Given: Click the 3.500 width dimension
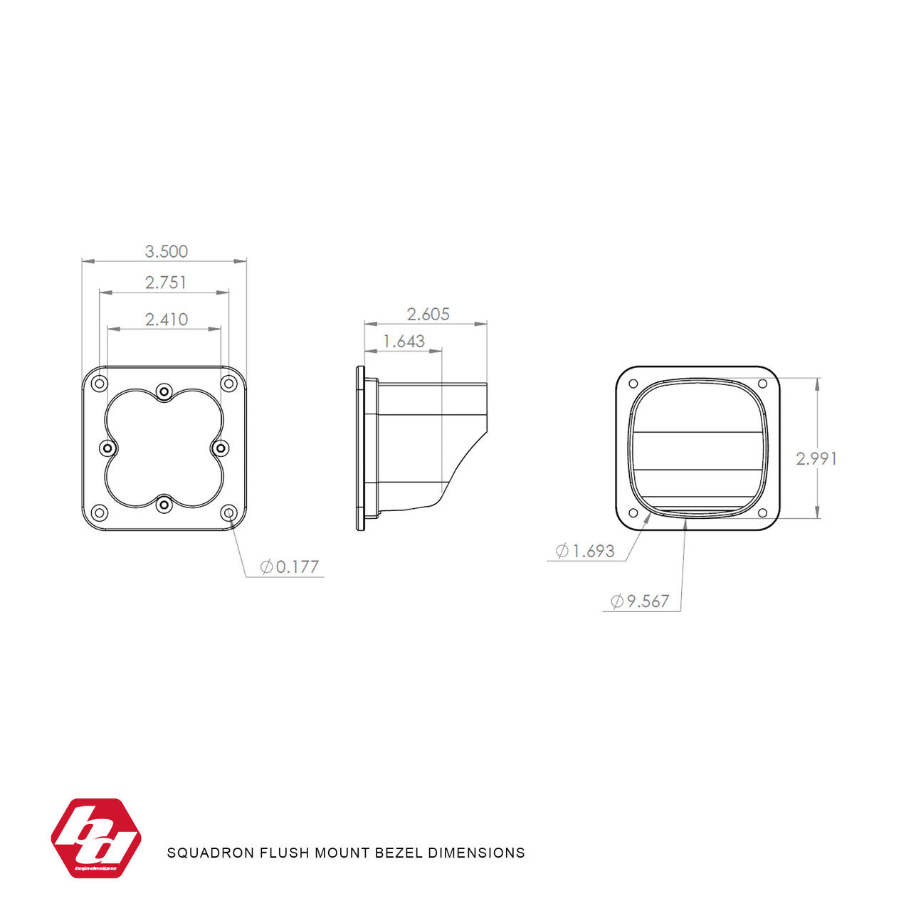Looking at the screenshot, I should pos(167,251).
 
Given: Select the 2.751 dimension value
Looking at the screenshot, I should pos(166,283).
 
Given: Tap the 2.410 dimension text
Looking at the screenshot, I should pos(167,320).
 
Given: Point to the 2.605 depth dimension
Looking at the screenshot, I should pos(428,314).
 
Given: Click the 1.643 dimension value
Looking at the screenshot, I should pos(404,342).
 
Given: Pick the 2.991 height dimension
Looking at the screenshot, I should pos(816,458).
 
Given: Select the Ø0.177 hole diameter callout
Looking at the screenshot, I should pos(290,567).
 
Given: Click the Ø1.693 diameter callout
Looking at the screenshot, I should pos(584,551).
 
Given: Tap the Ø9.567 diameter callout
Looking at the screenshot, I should pos(640,601).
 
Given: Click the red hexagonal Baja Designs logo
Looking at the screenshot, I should pos(96,838).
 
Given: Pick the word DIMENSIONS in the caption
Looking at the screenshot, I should pos(476,853).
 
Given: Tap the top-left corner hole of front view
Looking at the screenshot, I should pos(100,384).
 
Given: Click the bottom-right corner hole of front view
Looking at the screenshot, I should pos(228,512).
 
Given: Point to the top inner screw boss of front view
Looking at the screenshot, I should pos(164,391).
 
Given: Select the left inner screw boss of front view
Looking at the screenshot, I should pos(108,448).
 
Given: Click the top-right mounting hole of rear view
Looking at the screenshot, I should pos(762,384).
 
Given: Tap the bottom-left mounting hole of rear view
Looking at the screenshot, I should pos(633,513).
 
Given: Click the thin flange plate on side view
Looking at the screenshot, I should pos(360,448).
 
